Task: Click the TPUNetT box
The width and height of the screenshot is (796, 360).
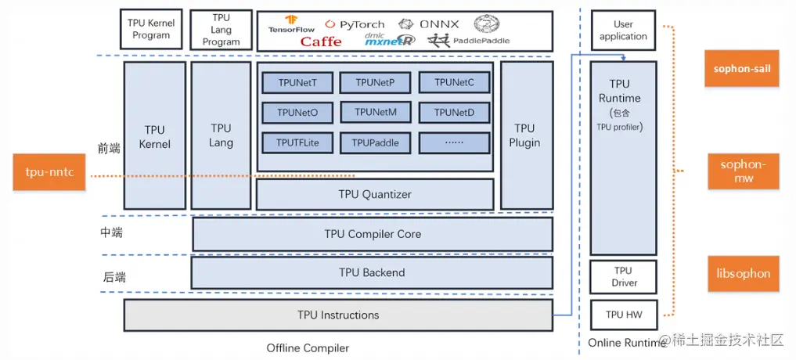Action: [297, 82]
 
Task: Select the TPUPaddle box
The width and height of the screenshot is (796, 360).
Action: [376, 142]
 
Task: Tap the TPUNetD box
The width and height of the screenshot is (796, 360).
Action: [455, 113]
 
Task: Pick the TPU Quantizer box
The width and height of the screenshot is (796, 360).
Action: [375, 194]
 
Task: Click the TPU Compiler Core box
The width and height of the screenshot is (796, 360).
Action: [373, 234]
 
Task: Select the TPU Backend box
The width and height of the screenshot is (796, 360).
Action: [372, 272]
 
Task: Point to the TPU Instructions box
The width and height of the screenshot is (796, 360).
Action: [338, 315]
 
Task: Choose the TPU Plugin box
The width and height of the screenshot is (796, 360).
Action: [524, 135]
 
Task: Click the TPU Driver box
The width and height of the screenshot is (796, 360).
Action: [624, 277]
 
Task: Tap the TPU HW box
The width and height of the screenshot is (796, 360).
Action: [624, 315]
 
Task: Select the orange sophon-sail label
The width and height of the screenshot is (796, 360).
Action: [742, 69]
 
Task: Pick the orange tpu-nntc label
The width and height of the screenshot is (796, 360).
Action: [49, 172]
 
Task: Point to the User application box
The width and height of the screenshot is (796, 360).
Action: [623, 31]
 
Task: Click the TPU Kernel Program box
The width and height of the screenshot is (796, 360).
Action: [151, 30]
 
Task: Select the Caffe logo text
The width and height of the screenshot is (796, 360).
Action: [321, 41]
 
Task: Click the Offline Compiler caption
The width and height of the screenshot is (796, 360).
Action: [308, 347]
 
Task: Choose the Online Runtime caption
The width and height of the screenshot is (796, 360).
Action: [623, 343]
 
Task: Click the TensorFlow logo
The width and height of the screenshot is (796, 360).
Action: [291, 23]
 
